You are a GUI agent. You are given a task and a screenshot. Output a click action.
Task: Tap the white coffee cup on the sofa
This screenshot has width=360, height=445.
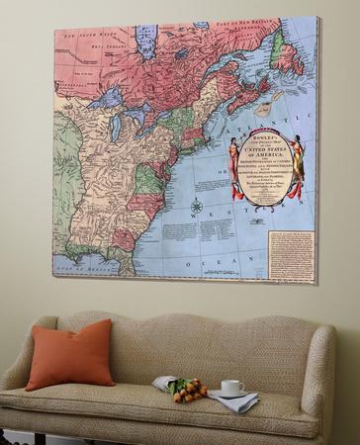(x=231, y=388)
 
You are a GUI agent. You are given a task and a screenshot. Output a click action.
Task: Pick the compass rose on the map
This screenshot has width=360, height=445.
(x=196, y=207)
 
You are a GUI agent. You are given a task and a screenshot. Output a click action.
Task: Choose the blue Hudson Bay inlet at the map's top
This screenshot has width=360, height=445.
(x=148, y=44)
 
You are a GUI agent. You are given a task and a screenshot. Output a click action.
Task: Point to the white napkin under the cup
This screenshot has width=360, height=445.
(x=234, y=399)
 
